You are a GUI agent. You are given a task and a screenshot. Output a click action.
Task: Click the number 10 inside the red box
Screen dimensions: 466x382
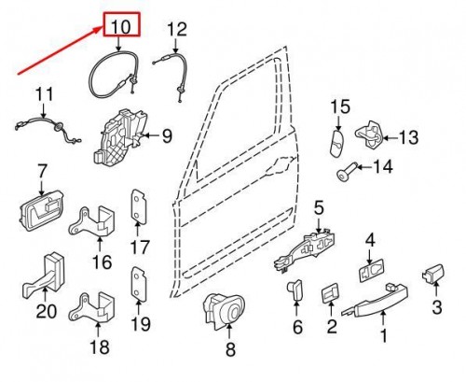[121, 26]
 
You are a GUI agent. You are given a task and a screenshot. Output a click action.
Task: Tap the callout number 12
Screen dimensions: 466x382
[177, 29]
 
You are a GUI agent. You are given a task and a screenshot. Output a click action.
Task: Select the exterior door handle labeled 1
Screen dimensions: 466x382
[376, 300]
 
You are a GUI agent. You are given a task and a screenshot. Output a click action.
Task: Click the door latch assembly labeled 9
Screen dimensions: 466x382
[120, 136]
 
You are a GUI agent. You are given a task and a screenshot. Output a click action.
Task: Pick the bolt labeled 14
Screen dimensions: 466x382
[348, 171]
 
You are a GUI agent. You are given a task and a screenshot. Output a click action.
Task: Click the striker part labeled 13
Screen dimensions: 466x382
[371, 134]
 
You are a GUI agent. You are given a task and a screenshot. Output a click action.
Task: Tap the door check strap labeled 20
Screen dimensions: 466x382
[44, 277]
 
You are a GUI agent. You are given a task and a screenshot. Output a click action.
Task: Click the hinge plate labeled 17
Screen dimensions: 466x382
[138, 207]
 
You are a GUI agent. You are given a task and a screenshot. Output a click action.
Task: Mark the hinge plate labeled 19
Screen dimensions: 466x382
[138, 285]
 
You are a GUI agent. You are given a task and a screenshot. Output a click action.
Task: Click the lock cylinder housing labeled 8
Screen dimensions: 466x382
[224, 311]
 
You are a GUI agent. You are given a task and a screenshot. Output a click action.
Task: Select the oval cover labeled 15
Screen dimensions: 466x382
[336, 144]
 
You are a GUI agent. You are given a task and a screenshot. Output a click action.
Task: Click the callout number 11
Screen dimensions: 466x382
[44, 94]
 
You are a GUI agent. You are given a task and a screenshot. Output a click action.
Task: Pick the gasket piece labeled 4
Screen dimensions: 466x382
[372, 270]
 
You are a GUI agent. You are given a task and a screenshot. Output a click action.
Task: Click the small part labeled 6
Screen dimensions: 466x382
[295, 290]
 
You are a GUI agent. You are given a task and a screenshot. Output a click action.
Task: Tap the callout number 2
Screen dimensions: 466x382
[332, 326]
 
